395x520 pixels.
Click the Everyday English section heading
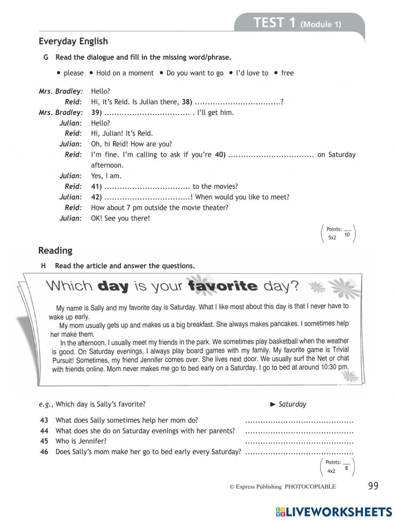coord(73,41)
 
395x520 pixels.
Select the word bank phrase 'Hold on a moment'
coord(124,73)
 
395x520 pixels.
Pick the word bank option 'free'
coord(287,73)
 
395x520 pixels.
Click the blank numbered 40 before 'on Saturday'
coord(271,155)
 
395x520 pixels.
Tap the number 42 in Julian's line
coord(96,197)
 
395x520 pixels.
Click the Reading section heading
coord(55,251)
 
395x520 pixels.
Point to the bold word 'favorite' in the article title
coord(223,286)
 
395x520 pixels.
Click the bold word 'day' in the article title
coord(113,286)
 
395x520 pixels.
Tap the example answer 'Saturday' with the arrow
coord(292,404)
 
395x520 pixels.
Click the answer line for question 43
coord(299,421)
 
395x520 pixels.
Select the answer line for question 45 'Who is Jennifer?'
coord(299,442)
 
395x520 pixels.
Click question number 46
coord(44,452)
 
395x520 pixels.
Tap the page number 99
coord(373,486)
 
